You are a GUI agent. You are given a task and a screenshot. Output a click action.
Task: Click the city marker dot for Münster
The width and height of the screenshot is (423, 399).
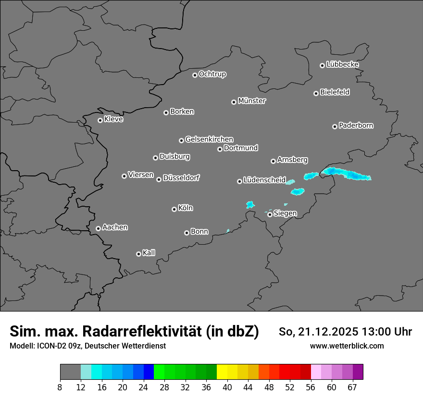click(234, 102)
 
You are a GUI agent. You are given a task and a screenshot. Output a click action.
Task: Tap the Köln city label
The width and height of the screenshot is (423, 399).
click(186, 208)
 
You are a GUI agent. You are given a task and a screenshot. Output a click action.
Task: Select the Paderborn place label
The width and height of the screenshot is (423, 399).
click(356, 125)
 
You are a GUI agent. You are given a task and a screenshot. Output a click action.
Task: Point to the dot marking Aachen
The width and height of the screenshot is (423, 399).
click(98, 228)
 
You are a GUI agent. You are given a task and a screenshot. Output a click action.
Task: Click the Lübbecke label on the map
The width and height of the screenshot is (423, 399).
click(342, 64)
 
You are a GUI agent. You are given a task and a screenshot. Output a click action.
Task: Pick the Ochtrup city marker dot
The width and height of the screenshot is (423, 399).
click(195, 75)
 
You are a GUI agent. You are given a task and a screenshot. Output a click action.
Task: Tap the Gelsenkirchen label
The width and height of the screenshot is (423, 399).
click(209, 139)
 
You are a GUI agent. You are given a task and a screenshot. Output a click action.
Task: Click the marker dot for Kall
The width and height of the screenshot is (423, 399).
click(138, 254)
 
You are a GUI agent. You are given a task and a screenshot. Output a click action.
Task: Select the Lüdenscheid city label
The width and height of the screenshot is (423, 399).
click(264, 180)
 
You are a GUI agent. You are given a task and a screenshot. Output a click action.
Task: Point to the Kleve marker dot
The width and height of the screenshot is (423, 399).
click(100, 120)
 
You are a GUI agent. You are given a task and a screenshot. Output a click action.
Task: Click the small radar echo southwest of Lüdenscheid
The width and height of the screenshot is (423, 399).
click(250, 205)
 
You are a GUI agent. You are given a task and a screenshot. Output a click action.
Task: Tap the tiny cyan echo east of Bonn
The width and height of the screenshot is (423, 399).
click(228, 231)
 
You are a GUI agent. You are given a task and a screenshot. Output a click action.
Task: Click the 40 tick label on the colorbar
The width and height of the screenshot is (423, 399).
click(227, 387)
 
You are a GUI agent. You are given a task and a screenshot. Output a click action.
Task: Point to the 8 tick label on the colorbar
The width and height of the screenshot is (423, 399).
click(60, 387)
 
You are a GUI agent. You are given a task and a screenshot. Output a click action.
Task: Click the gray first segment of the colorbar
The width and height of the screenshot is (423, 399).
click(70, 372)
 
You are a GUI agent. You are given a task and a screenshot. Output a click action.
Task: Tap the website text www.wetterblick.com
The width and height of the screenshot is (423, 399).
click(347, 346)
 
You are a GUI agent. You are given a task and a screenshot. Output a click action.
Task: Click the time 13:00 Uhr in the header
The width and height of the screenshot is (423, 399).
click(383, 332)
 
